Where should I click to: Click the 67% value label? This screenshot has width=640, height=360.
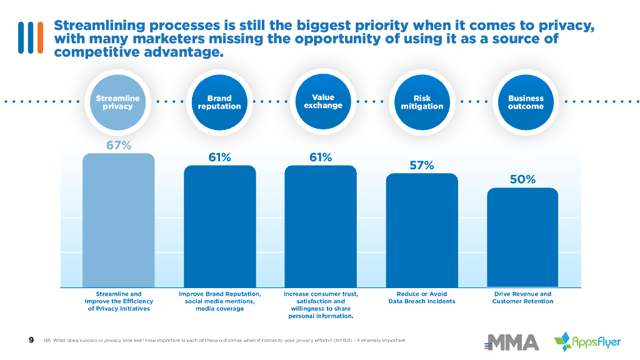[118, 146]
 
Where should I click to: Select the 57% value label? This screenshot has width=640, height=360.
[422, 166]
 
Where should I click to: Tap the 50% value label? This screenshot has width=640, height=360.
[522, 180]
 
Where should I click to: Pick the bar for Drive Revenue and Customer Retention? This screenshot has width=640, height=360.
[522, 237]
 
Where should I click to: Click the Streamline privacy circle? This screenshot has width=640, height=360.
[118, 102]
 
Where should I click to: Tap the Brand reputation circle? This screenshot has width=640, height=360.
[219, 102]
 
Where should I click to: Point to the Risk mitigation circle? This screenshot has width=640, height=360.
[422, 102]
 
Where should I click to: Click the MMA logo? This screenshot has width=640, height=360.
[513, 342]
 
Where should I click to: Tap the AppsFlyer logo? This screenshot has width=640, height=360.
[587, 341]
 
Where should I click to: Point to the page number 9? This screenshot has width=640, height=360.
[31, 340]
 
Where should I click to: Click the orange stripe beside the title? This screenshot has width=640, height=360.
[41, 37]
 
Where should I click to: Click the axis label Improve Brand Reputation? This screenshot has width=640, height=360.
[220, 301]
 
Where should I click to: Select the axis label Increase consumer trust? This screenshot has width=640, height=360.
[321, 305]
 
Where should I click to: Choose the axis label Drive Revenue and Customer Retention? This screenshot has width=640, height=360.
[522, 297]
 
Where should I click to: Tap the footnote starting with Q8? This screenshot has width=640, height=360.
[224, 340]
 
